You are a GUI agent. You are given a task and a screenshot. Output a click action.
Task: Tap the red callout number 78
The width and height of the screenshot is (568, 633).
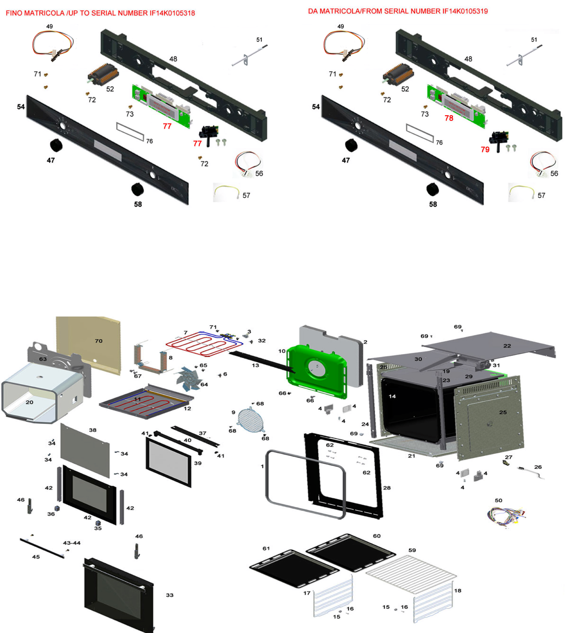click(x=449, y=118)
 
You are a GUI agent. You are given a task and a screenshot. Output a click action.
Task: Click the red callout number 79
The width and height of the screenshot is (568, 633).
click(x=485, y=150)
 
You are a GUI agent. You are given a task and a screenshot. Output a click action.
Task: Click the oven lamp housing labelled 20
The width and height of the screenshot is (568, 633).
click(x=39, y=392)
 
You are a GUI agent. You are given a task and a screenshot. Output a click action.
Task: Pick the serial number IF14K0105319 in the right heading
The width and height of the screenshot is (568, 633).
click(x=465, y=11)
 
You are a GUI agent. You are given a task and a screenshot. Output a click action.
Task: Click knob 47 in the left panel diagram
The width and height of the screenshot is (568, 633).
click(x=56, y=146)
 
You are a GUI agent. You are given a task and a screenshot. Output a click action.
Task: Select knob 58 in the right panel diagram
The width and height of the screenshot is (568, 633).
click(x=433, y=189)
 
